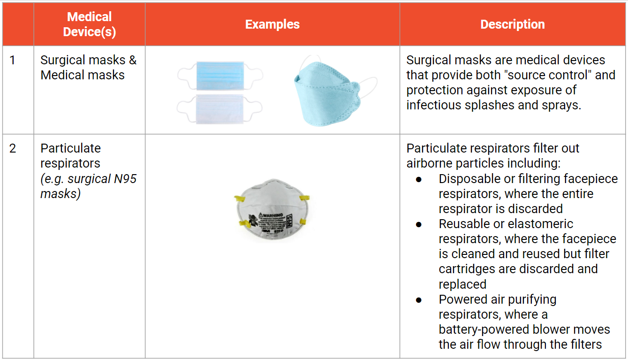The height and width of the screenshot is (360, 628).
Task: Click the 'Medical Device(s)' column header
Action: pos(89,24)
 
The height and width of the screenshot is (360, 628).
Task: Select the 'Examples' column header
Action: pos(272,24)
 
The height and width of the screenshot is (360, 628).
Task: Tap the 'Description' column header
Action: pos(513,24)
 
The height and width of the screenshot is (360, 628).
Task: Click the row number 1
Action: pos(13,60)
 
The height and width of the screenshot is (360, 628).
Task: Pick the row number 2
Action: pos(13,148)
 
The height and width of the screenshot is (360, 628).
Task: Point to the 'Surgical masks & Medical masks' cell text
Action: pos(88,68)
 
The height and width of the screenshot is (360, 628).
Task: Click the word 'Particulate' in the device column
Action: pos(70,148)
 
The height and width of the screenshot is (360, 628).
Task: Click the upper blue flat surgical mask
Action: pos(220,75)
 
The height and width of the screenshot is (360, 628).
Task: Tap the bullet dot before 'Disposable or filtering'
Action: pos(418,179)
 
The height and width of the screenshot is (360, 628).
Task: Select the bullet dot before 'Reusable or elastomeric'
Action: pos(418,224)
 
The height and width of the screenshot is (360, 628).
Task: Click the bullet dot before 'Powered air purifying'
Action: pos(418,300)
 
